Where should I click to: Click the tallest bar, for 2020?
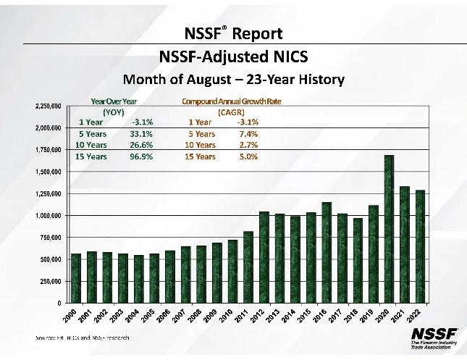coord(389,229)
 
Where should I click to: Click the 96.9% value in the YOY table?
coord(142,156)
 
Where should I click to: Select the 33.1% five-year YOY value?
coord(142,133)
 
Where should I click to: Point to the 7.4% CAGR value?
coord(248,133)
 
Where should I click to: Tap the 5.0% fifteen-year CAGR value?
coord(248,156)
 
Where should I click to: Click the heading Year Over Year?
coord(114,102)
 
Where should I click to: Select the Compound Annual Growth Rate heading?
coord(231,102)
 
